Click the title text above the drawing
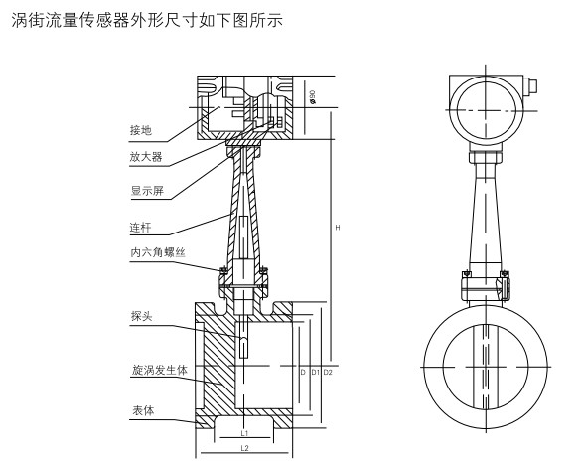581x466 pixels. (147, 20)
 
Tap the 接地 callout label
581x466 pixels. (141, 130)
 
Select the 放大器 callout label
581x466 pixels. (146, 157)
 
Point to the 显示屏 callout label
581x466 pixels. (147, 191)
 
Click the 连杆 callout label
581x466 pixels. (140, 228)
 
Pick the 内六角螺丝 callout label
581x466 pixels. (158, 252)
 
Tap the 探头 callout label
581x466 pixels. (142, 316)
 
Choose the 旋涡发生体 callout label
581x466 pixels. (160, 370)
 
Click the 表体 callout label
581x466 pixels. (143, 410)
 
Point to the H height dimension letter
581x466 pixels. (338, 228)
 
